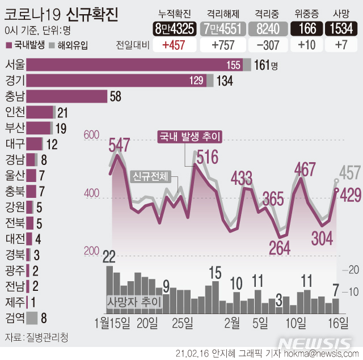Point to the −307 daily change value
[x=267, y=45]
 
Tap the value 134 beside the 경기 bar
[x=225, y=81]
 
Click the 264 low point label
[x=279, y=248]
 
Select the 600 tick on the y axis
[x=91, y=134]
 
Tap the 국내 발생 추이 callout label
[x=189, y=137]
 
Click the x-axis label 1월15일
[x=113, y=323]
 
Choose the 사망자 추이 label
[x=134, y=302]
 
